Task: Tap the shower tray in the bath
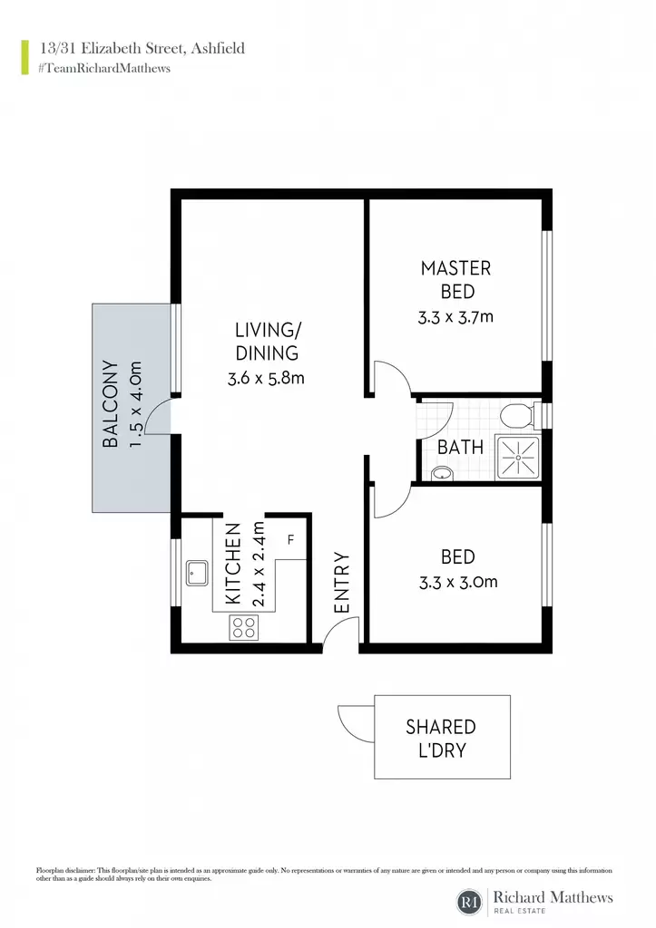pos(518,457)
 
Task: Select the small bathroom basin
pos(442,473)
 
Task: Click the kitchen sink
pos(197,573)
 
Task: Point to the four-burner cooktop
pos(244,627)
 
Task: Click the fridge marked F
pos(290,539)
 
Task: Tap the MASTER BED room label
pos(456,280)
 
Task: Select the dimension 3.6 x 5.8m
pos(266,378)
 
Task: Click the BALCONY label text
pos(111,403)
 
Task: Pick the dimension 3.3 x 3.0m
pos(458,583)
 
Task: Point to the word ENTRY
pos(342,583)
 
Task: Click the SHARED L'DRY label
pos(442,739)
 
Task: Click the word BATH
pos(460,448)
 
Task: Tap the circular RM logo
pos(470,902)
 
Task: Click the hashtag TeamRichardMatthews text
pos(103,68)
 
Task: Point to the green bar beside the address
pos(24,57)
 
